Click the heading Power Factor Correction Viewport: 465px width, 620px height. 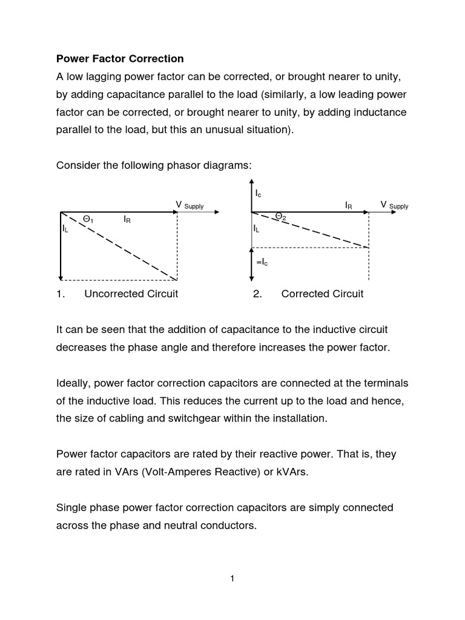click(120, 59)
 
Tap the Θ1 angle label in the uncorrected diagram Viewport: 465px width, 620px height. click(88, 220)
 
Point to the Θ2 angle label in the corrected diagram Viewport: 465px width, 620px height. click(280, 216)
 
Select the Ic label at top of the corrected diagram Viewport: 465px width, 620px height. click(259, 193)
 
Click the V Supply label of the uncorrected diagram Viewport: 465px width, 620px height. click(189, 206)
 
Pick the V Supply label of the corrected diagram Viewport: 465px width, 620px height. click(394, 205)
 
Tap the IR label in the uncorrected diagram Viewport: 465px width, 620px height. click(127, 220)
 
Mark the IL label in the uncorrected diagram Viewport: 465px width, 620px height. click(65, 229)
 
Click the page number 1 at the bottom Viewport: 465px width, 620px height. click(232, 578)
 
